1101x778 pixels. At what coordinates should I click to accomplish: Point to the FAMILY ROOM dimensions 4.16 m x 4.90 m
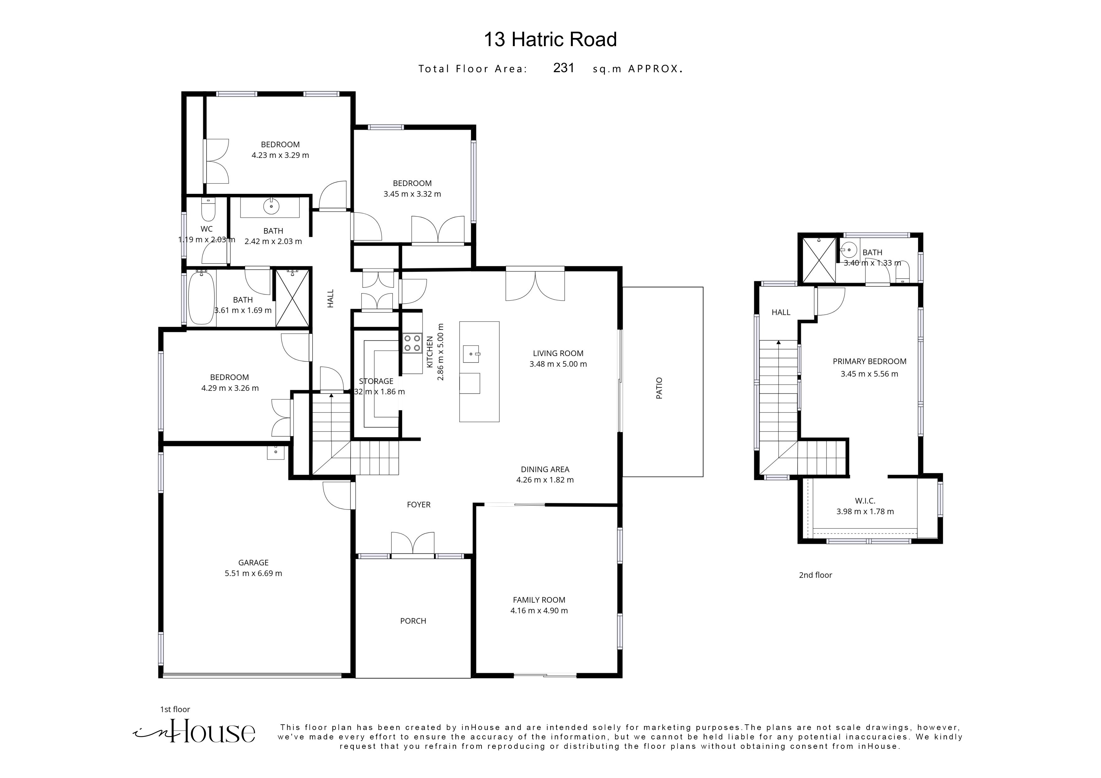539,611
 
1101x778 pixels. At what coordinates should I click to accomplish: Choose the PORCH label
413,621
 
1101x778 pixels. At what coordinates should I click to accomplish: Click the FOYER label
419,504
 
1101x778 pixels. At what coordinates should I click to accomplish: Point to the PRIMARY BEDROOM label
869,361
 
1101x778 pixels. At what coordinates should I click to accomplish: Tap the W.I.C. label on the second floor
865,500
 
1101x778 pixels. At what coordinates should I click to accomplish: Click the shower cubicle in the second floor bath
819,260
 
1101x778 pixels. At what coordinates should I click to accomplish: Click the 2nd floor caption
815,575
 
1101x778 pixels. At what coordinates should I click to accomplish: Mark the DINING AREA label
545,469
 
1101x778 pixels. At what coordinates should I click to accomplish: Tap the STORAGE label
376,381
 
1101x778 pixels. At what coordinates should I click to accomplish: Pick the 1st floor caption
175,709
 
